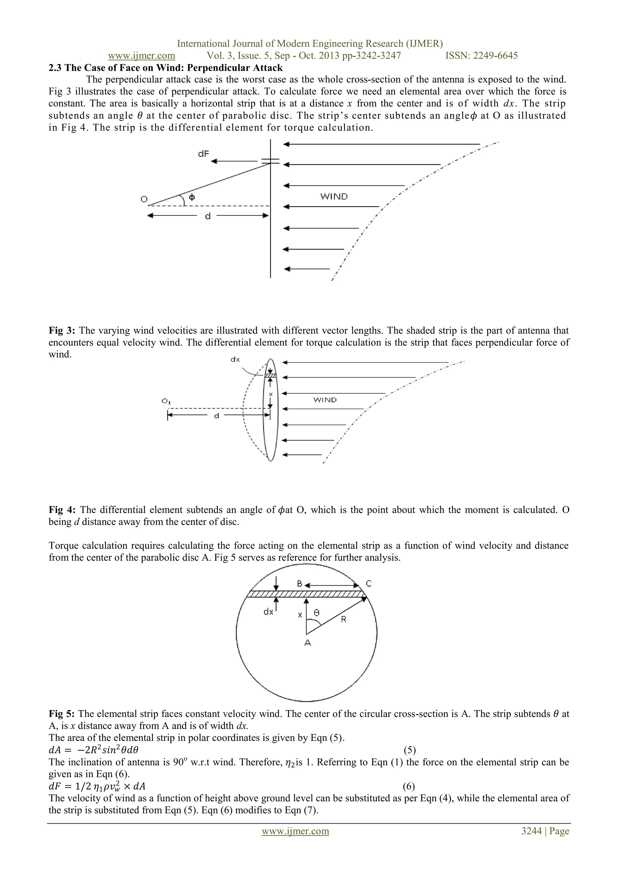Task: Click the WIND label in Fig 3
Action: click(x=334, y=197)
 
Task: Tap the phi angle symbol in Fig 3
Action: click(x=192, y=197)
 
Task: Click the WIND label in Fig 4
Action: click(x=325, y=400)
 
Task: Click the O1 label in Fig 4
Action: click(x=166, y=401)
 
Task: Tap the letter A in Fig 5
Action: click(x=307, y=642)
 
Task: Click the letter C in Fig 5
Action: click(x=368, y=584)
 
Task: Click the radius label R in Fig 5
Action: click(x=344, y=619)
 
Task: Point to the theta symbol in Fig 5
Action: click(x=317, y=613)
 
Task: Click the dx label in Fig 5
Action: click(x=268, y=612)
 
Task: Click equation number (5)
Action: click(x=409, y=750)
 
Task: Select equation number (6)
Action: click(x=409, y=786)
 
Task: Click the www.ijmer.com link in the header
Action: click(x=142, y=56)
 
